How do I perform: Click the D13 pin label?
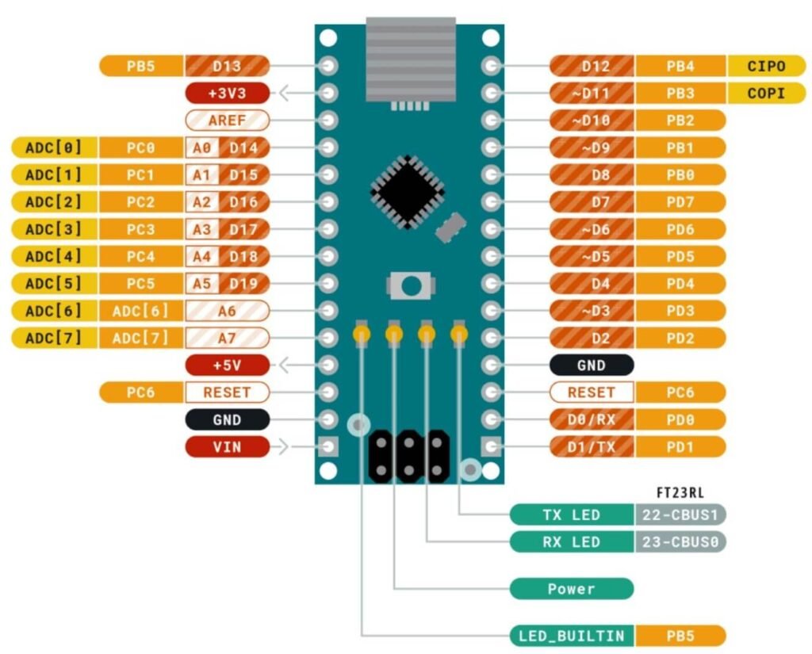(228, 66)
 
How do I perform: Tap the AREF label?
(227, 120)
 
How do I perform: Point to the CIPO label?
(766, 66)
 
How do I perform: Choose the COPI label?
(766, 94)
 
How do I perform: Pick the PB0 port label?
(680, 174)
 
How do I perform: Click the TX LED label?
(571, 515)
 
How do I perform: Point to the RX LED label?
(571, 542)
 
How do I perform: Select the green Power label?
(571, 589)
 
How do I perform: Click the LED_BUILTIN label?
(571, 636)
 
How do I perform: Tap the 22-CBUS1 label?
(680, 515)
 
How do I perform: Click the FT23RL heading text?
(680, 492)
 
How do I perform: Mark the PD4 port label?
(680, 283)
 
